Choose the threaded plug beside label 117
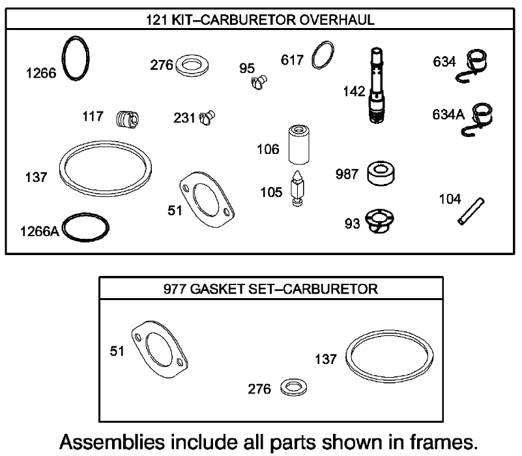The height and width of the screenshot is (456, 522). tap(127, 119)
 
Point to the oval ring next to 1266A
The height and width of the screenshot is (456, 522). tap(85, 226)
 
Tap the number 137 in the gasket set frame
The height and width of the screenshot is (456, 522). tap(326, 359)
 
